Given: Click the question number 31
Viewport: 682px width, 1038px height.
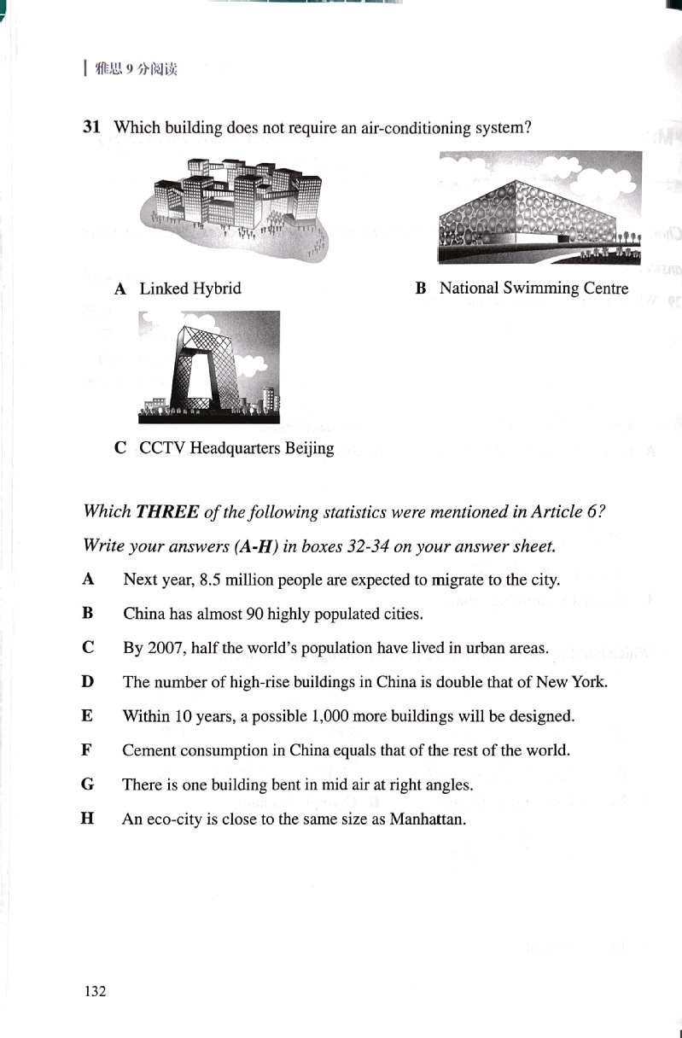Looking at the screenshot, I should (x=92, y=128).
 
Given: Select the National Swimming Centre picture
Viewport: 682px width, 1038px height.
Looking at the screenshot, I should (x=539, y=207).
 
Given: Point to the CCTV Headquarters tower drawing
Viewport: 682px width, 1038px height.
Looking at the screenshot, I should (x=207, y=368).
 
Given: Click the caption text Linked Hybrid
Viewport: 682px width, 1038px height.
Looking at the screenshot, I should (x=189, y=289).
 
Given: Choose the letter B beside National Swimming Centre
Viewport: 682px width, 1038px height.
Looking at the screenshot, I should (x=420, y=289).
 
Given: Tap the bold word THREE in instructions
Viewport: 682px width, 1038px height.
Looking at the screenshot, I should (x=167, y=512).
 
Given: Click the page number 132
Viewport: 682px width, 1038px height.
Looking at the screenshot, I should (x=95, y=991).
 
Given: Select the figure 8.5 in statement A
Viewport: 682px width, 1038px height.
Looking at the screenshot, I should (x=208, y=580).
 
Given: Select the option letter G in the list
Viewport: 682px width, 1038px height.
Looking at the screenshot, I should (x=87, y=784).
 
